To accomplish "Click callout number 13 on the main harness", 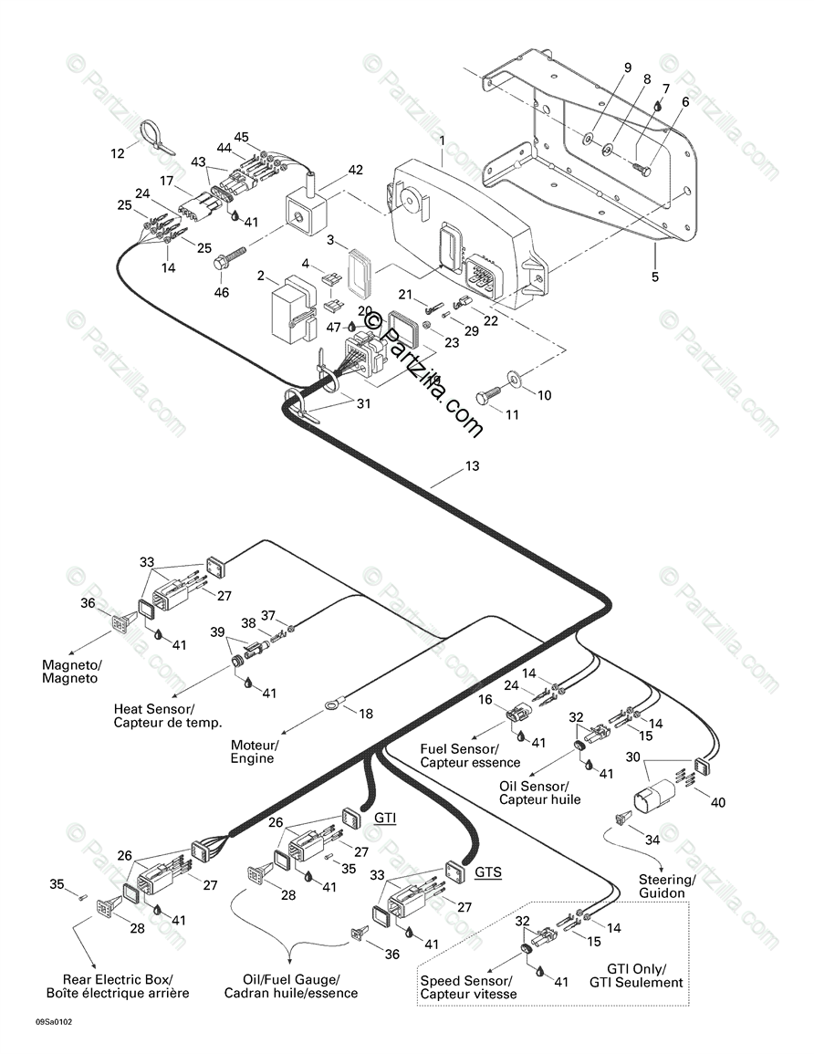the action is pos(472,465).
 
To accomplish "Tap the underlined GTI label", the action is pos(385,818).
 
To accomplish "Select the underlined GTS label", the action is pos(488,872).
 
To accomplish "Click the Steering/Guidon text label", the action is pos(665,886).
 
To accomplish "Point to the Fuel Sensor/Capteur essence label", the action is pos(470,756).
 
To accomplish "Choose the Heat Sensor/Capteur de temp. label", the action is pos(167,715).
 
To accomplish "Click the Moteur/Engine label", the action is pos(254,752).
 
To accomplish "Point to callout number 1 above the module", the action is pos(443,141).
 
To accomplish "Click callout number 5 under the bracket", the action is pos(655,276).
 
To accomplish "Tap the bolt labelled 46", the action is pos(227,264).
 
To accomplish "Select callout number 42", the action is pos(355,170).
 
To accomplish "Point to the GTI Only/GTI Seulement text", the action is pos(636,976).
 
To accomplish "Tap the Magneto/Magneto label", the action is pos(72,672).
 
